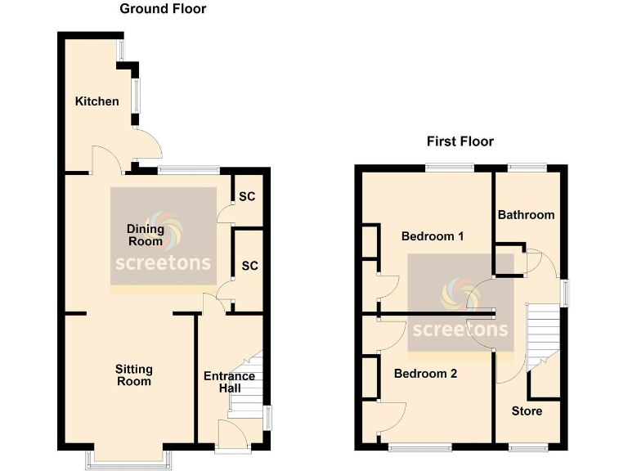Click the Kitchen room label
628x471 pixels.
point(96,101)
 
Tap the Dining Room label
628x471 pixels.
point(146,235)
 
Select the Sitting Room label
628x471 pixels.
point(133,375)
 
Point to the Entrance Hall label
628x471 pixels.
point(229,382)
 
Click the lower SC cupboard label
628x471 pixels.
point(249,266)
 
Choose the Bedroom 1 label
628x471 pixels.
point(433,236)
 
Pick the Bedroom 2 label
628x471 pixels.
point(425,374)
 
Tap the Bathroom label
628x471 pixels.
point(526,215)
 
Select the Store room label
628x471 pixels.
point(527,410)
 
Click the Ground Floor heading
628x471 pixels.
point(163,9)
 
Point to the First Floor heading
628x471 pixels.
point(460,141)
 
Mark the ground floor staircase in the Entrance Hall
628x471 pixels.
point(247,384)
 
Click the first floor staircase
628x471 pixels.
point(541,335)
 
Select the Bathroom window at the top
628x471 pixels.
point(527,167)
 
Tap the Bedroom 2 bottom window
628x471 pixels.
point(419,447)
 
